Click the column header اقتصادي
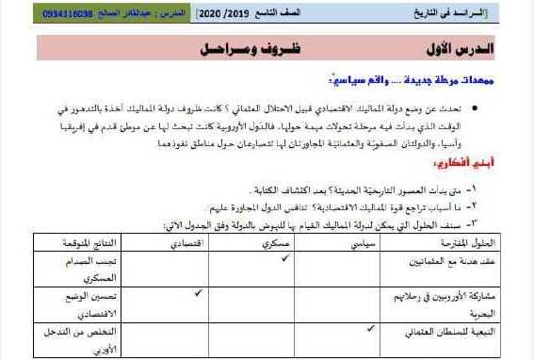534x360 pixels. tap(191, 242)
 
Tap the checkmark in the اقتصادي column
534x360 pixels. tap(198, 293)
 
